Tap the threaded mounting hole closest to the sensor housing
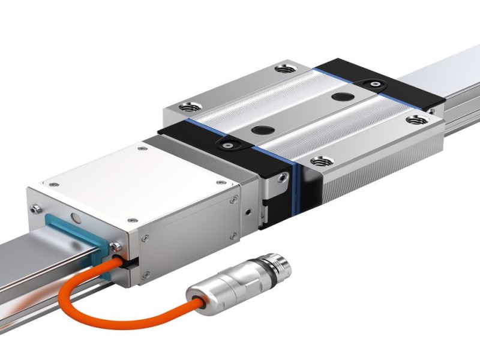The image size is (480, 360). point(190,107)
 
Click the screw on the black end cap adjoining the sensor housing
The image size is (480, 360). point(227,143)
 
